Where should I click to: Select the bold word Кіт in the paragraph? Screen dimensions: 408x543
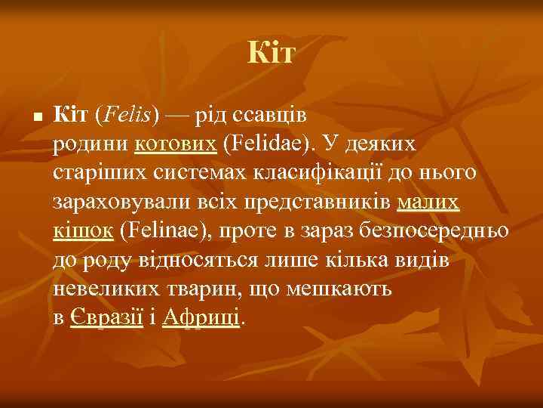(72, 115)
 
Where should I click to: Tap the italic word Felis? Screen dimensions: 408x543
(127, 115)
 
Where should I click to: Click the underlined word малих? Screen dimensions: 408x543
(428, 202)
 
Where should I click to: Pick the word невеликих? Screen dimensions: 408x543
(102, 289)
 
